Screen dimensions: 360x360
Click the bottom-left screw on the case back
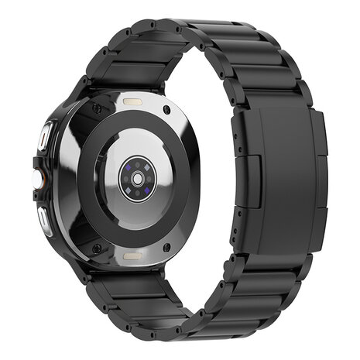96,249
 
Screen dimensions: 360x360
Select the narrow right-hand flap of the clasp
318,180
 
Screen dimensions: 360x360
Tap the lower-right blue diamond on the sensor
148,190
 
